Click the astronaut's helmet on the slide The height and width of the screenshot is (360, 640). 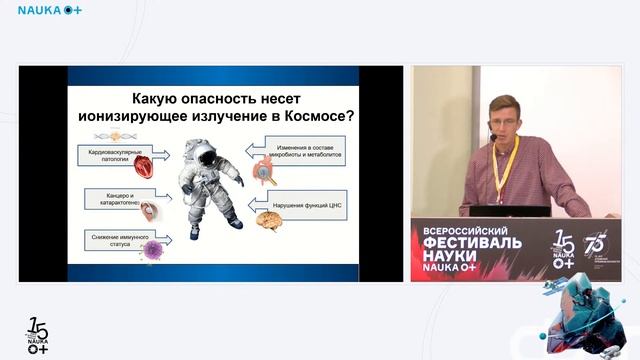[x=204, y=152]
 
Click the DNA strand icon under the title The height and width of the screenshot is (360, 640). [x=116, y=135]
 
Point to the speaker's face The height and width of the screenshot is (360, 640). [x=505, y=118]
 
